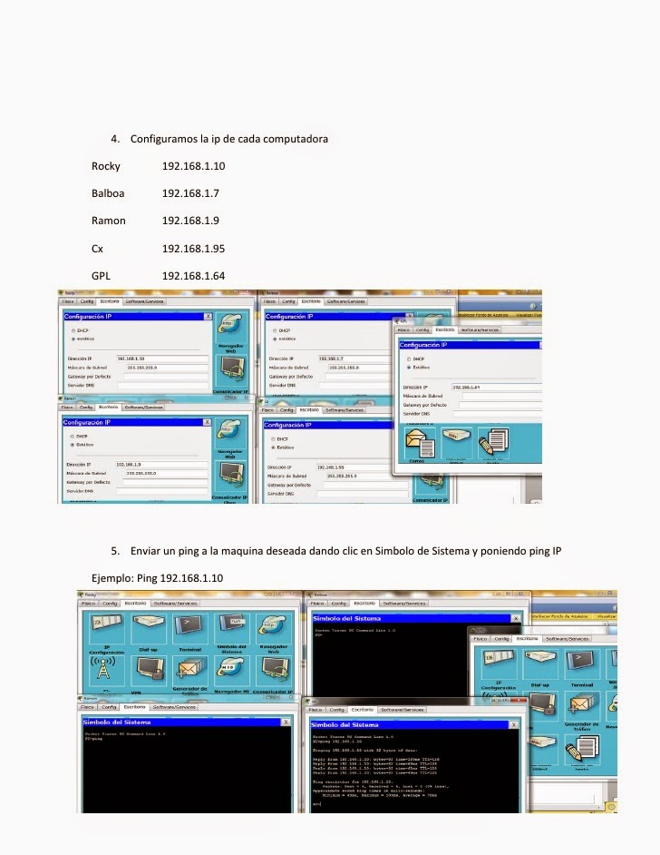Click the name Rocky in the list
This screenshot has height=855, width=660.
point(106,167)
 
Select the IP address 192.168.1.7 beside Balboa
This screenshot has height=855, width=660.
point(190,194)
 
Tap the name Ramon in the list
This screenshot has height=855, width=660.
point(109,221)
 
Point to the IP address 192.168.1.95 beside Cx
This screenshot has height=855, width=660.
point(193,248)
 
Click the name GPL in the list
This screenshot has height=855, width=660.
point(101,275)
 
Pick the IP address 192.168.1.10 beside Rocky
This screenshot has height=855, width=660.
point(193,167)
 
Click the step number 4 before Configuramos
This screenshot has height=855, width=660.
point(114,140)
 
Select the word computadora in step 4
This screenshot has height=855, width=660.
point(292,140)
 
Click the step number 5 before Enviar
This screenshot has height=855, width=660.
point(114,550)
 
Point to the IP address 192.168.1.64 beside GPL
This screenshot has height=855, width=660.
point(193,275)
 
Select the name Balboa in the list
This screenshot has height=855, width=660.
point(109,194)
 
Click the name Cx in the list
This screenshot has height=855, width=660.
point(97,248)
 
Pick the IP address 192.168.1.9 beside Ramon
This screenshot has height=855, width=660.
point(190,221)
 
